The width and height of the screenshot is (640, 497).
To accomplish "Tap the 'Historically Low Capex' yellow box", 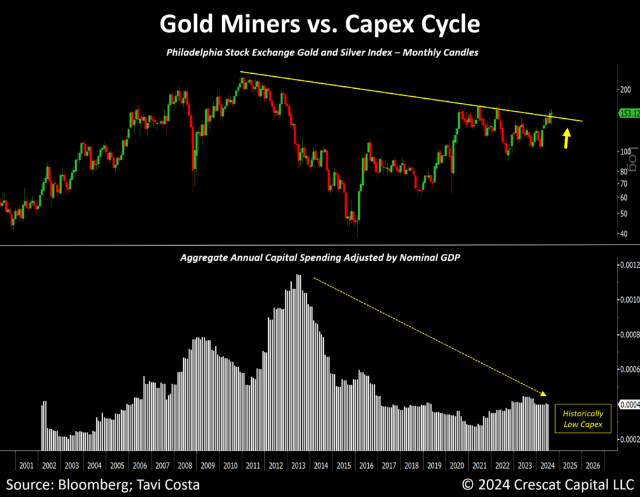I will [582, 418].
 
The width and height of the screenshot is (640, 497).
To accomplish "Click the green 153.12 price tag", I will [627, 114].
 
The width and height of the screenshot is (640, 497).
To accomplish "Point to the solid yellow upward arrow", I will [566, 138].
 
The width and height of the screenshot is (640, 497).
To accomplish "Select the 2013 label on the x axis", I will [298, 466].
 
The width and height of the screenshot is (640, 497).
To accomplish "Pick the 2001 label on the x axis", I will [26, 466].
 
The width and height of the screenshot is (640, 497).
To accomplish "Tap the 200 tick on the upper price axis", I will [625, 89].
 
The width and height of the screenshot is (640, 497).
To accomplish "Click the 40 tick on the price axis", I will [624, 234].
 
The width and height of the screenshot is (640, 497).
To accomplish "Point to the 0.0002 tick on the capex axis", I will [629, 439].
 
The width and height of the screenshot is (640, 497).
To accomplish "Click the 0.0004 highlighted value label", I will [629, 404].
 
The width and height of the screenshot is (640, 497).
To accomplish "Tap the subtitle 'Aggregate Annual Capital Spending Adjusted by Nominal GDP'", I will [319, 258].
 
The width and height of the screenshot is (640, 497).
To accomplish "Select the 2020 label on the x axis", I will [456, 466].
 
